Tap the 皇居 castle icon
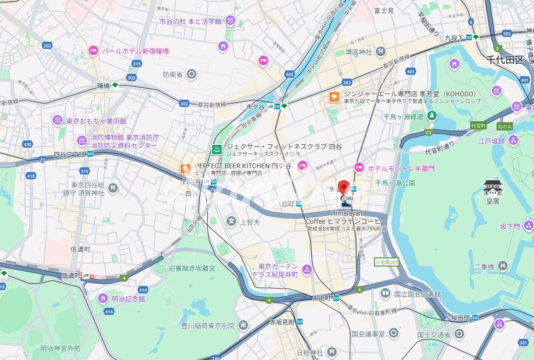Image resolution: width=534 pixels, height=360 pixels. tap(493, 188)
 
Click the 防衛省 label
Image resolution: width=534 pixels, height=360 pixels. tap(172, 74)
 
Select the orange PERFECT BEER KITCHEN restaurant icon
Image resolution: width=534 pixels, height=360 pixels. tap(185, 168)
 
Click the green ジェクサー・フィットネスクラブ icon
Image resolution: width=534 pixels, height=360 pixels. tap(217, 150)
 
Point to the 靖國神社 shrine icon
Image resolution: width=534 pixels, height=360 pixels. tap(380, 51)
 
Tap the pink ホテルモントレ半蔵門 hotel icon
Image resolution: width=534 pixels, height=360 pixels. tap(359, 168)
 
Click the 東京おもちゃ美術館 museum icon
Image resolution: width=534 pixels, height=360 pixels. tap(57, 120)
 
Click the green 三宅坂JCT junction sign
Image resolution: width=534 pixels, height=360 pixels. tap(386, 262)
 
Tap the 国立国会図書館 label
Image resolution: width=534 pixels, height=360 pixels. tap(417, 293)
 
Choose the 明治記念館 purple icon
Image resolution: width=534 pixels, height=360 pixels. tap(102, 299)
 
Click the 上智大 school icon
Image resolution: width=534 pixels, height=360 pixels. tap(232, 221)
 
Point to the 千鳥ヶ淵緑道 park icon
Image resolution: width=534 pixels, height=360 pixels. tap(432, 116)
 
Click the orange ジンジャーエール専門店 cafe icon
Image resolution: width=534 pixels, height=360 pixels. tap(333, 97)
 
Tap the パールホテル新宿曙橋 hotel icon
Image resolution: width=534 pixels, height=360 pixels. tap(93, 50)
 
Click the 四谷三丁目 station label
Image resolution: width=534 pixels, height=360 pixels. tap(68, 154)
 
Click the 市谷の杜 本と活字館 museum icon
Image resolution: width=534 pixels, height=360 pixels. tap(230, 21)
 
